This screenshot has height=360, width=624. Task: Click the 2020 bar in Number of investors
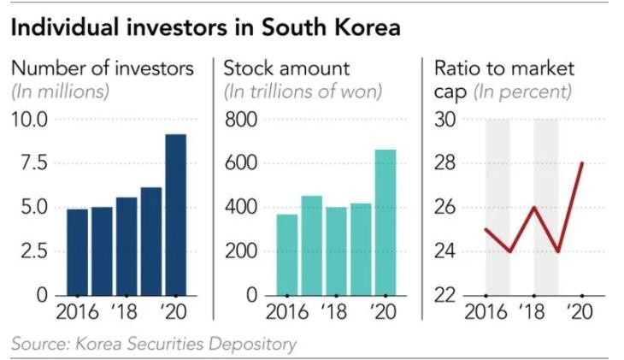tap(175, 215)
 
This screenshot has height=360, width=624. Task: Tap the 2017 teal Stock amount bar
tap(311, 245)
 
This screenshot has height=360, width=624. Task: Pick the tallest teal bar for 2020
tap(386, 222)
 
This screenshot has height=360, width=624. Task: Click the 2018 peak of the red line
tap(533, 207)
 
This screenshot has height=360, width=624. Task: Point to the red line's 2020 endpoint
tap(581, 163)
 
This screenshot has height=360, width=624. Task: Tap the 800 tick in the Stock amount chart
tap(241, 120)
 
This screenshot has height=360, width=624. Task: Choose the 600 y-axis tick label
tap(241, 163)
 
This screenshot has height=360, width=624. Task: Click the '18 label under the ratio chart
tap(533, 312)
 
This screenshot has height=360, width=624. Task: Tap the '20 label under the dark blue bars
tap(175, 312)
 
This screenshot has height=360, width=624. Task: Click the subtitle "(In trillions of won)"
tap(303, 91)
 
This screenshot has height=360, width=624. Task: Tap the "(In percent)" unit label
tap(522, 91)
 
